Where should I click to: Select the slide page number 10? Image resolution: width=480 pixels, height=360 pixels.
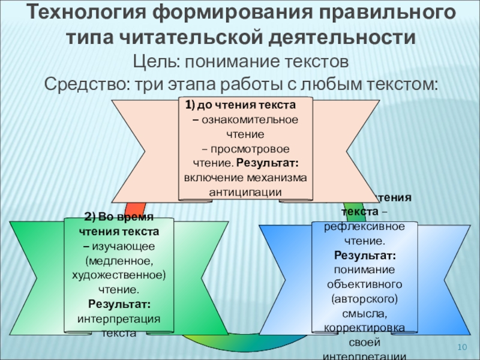462,348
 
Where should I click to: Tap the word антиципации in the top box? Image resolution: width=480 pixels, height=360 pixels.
245,191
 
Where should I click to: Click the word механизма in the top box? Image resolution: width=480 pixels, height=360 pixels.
274,177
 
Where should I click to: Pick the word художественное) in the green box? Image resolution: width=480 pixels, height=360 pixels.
119,275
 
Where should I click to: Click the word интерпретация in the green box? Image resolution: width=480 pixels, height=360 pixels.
119,318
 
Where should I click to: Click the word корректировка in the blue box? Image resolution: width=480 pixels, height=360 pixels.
364,327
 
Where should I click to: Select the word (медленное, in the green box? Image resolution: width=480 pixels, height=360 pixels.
119,260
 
